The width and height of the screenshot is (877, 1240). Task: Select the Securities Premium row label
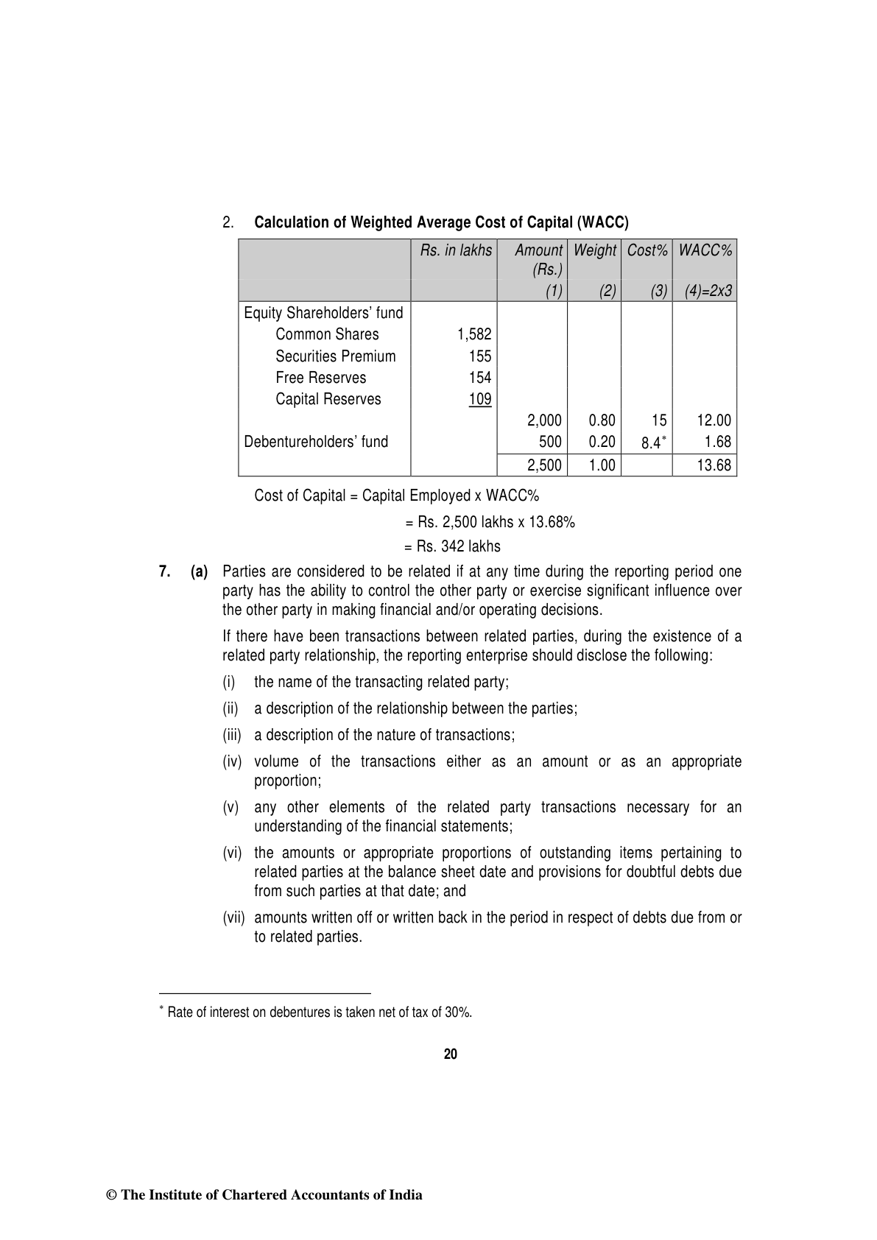335,356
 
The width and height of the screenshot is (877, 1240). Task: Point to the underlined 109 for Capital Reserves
480,399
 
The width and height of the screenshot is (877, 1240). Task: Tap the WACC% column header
705,250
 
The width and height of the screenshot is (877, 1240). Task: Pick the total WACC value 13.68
714,465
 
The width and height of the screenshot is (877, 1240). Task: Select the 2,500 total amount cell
545,465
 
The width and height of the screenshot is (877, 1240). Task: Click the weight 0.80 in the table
602,420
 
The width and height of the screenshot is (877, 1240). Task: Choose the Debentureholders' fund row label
316,442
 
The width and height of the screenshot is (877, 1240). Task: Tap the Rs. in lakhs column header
456,250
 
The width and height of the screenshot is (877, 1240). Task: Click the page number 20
451,1054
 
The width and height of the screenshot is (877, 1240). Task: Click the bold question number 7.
165,571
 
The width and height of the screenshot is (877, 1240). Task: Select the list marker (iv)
232,762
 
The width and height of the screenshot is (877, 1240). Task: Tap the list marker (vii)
233,918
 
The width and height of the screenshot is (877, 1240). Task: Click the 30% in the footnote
457,1012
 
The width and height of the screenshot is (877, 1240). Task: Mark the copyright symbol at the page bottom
112,1196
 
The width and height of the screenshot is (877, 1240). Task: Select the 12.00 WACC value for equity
714,420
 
